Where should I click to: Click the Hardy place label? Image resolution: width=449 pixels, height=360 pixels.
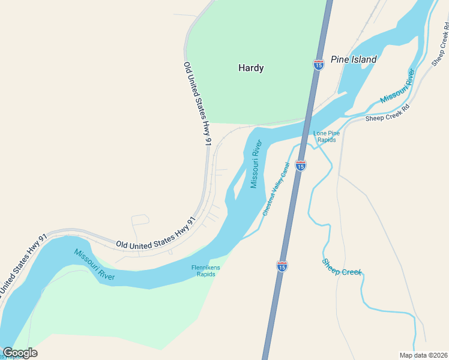tap(251, 68)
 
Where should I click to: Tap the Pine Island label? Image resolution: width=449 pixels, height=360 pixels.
tap(354, 59)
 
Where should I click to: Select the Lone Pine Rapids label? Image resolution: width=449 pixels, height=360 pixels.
tap(327, 136)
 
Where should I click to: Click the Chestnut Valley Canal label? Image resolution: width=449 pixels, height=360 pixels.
tap(276, 189)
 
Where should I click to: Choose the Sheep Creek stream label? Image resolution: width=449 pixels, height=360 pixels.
tap(342, 268)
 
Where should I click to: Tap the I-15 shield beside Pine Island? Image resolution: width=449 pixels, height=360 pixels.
tap(318, 65)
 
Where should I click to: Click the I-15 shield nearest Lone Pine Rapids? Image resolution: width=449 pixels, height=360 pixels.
tap(301, 165)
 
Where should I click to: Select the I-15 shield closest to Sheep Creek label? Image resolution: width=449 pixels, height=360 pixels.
tap(282, 266)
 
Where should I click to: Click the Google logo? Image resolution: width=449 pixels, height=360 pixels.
tap(20, 353)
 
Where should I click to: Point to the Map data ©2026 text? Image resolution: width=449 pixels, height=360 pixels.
tap(423, 355)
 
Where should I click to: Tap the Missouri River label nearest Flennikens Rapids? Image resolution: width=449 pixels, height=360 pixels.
tap(94, 265)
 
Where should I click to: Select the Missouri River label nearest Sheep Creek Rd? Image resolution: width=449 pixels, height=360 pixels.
tap(397, 86)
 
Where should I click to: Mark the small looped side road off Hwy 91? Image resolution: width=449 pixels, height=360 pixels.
tap(140, 220)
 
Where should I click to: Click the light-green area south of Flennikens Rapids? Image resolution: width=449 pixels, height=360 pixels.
tap(120, 312)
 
